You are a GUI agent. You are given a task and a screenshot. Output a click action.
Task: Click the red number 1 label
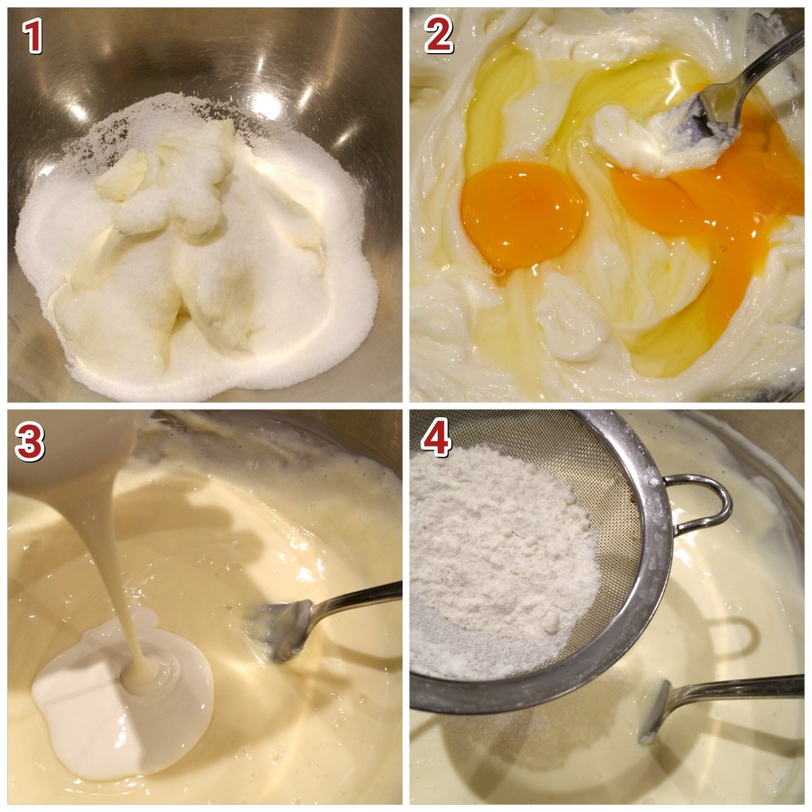click(32, 36)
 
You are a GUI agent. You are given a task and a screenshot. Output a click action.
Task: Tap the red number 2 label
click(438, 34)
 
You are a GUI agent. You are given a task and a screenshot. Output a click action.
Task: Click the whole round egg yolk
click(522, 214)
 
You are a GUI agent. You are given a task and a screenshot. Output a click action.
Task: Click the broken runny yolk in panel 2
click(714, 207)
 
